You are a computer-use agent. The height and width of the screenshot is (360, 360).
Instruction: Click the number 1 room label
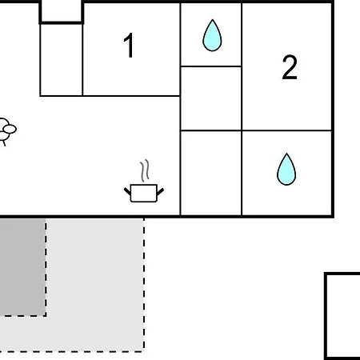click(x=129, y=45)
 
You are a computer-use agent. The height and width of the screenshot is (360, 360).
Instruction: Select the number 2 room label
click(x=290, y=67)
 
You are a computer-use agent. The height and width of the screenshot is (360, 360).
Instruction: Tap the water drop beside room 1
click(x=212, y=35)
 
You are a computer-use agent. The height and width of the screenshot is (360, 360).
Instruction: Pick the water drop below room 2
click(x=286, y=170)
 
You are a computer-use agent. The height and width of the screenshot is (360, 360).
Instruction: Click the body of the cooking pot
click(x=144, y=193)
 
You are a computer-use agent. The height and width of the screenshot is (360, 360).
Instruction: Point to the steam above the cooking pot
click(x=145, y=170)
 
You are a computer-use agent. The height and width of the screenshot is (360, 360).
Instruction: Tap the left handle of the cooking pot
click(x=127, y=191)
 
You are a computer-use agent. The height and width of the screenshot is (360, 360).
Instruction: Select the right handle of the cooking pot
click(x=160, y=191)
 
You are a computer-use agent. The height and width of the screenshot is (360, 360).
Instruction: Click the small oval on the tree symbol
click(x=10, y=130)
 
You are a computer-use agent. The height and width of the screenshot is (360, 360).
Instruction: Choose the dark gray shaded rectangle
click(x=22, y=267)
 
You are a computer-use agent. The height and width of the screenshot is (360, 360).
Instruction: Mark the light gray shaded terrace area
click(x=94, y=286)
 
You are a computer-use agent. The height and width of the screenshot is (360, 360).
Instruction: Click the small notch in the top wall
click(x=62, y=12)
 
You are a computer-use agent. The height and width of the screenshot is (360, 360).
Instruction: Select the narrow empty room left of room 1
click(x=62, y=60)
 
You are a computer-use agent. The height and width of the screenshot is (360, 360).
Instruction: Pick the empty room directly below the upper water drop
click(x=211, y=98)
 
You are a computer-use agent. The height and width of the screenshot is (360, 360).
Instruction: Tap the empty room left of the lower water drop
click(x=211, y=173)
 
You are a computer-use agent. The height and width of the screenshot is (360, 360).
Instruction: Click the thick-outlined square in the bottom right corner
click(x=342, y=316)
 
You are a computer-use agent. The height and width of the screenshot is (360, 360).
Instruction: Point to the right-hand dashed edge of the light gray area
click(x=144, y=284)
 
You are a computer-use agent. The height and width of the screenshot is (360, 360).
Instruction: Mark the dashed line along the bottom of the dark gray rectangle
click(x=23, y=316)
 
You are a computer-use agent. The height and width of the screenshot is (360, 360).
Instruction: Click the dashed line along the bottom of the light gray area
click(x=72, y=351)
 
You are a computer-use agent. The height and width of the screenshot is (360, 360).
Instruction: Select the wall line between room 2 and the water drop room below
click(x=286, y=130)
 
